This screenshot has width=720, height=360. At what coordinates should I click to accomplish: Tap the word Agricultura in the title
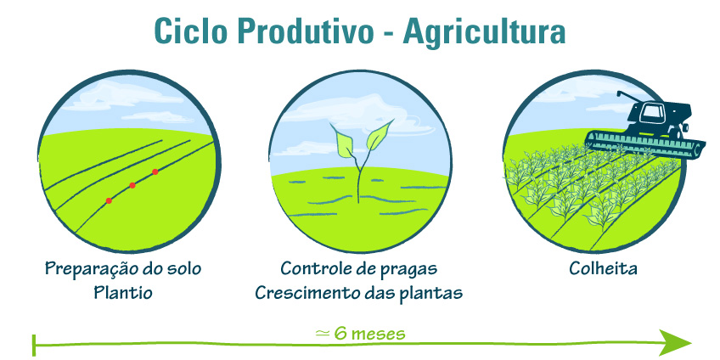485,33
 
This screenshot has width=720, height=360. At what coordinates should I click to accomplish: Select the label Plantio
123,292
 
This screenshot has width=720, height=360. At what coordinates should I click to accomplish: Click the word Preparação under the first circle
92,269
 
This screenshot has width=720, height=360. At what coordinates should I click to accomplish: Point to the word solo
184,268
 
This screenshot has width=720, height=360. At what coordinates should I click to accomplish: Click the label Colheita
603,268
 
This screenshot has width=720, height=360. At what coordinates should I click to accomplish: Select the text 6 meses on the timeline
369,334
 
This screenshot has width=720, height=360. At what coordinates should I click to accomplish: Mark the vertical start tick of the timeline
34,346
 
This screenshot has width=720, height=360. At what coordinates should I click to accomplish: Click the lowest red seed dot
109,200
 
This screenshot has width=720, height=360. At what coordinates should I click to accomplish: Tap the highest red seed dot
155,172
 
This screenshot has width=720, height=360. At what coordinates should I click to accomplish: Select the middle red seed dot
132,185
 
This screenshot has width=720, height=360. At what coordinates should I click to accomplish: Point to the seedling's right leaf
380,136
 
